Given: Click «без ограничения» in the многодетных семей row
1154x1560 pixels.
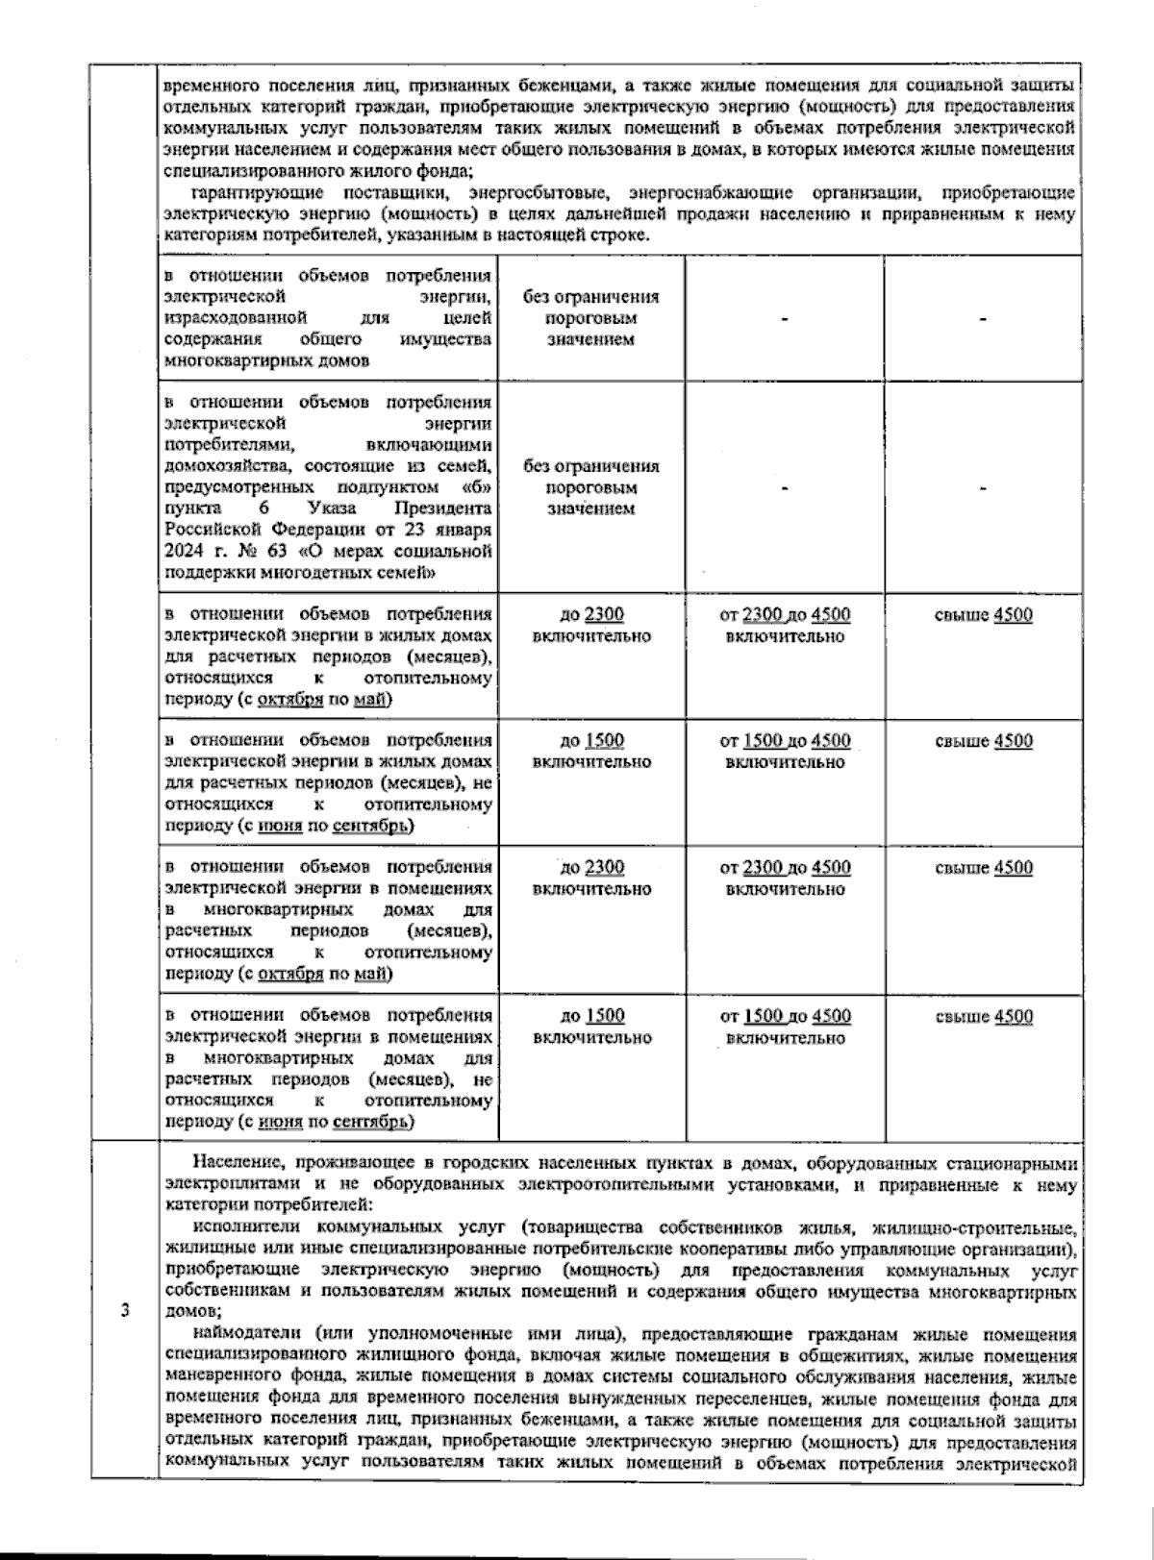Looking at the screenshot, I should pyautogui.click(x=591, y=466).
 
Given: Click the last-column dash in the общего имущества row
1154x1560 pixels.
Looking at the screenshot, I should pyautogui.click(x=983, y=318).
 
